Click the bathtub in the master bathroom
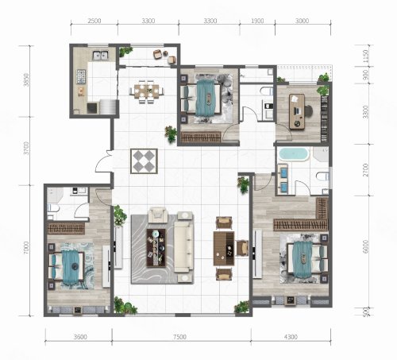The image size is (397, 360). point(294,154)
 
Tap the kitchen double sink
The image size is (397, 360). point(101,55)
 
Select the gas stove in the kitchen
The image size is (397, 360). point(81,76)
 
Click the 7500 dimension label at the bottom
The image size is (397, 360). point(179,337)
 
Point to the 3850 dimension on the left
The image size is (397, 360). point(26,79)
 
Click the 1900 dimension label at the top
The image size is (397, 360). point(257,21)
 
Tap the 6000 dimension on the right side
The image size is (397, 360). point(365,246)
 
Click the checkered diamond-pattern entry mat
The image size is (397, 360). point(144,161)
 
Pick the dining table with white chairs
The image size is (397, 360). point(146,91)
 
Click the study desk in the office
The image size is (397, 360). point(297,111)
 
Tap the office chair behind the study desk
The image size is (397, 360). point(310,110)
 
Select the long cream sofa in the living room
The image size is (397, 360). point(183,246)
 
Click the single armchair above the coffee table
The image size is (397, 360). point(158,215)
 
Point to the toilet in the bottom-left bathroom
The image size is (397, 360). point(53,208)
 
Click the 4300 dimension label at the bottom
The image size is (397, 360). point(291,337)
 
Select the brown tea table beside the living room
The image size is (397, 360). point(224,248)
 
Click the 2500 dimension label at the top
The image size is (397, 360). point(94,21)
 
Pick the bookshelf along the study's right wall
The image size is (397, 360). point(325,118)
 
